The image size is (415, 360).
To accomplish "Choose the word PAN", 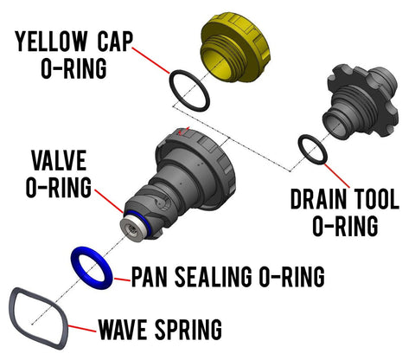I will pyautogui.click(x=156, y=277).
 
